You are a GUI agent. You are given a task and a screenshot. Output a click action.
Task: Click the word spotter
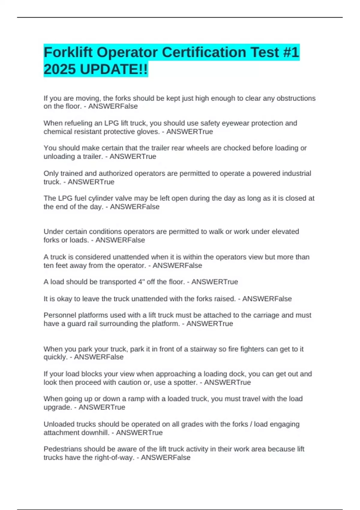[185, 382]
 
